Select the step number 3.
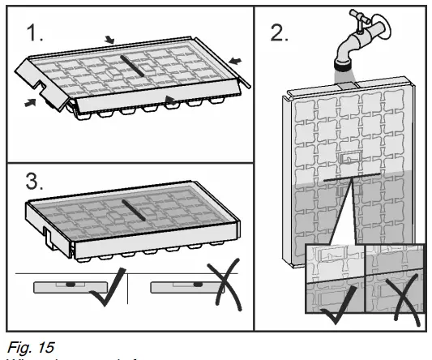click(33, 183)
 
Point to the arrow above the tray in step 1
click(110, 39)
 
